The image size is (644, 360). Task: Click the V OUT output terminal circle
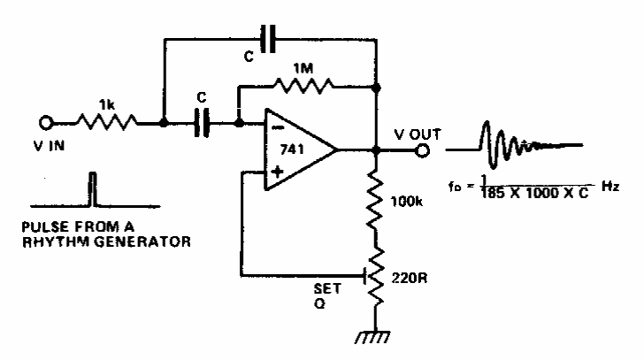(423, 151)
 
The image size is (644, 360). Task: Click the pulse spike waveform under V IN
(91, 188)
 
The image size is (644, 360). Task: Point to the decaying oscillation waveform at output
(517, 143)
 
